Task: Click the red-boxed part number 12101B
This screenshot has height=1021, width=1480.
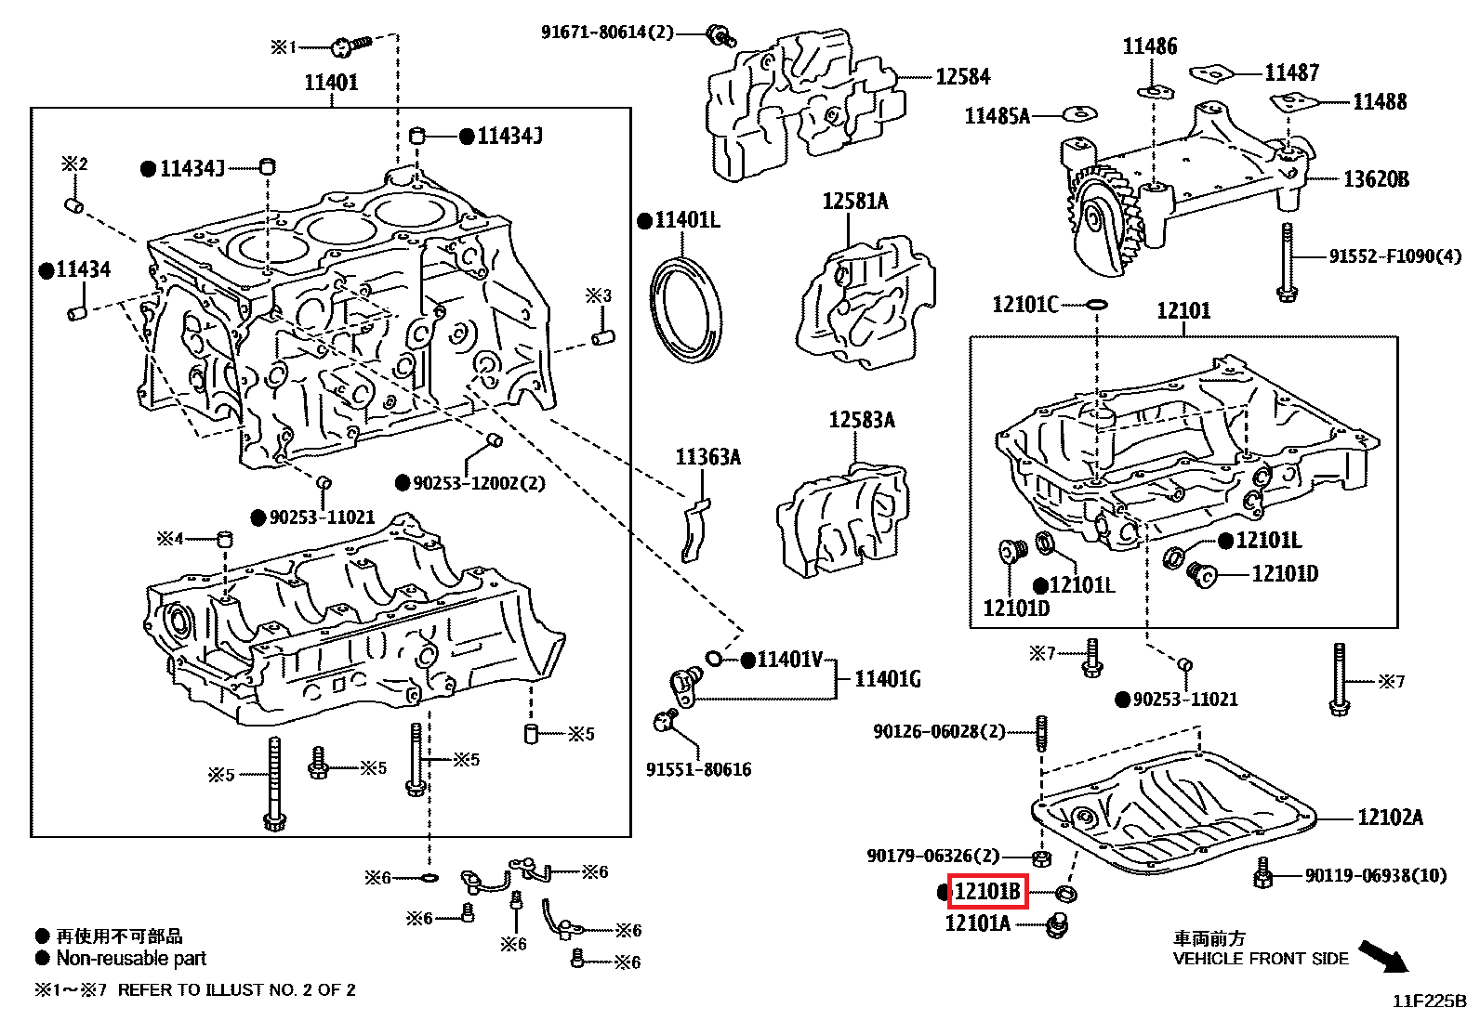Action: [x=986, y=892]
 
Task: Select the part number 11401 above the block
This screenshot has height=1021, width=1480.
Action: [x=331, y=83]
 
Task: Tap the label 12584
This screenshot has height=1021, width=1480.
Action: [x=962, y=77]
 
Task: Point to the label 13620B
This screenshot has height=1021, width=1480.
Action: [x=1376, y=179]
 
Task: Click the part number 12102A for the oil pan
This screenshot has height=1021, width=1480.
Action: [x=1390, y=818]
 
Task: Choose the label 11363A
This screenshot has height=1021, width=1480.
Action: [x=707, y=457]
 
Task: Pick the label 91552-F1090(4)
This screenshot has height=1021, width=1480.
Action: [x=1394, y=256]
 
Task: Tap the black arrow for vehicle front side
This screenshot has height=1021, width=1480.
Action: [x=1383, y=956]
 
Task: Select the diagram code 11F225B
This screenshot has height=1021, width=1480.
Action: [x=1429, y=1001]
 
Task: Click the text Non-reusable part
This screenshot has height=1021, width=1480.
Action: [x=131, y=958]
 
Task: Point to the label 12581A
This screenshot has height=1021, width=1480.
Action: [x=854, y=201]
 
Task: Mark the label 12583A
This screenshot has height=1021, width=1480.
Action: [x=861, y=420]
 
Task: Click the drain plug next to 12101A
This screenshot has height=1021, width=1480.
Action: [x=1057, y=925]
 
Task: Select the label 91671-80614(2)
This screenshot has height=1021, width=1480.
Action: [x=607, y=33]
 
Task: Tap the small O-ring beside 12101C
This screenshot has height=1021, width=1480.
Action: [x=1096, y=304]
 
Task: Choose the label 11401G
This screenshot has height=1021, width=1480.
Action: [x=887, y=679]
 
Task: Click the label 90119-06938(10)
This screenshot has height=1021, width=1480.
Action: [x=1376, y=875]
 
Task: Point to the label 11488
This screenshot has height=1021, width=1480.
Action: [x=1380, y=102]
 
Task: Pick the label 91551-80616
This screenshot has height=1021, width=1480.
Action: [x=698, y=769]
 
